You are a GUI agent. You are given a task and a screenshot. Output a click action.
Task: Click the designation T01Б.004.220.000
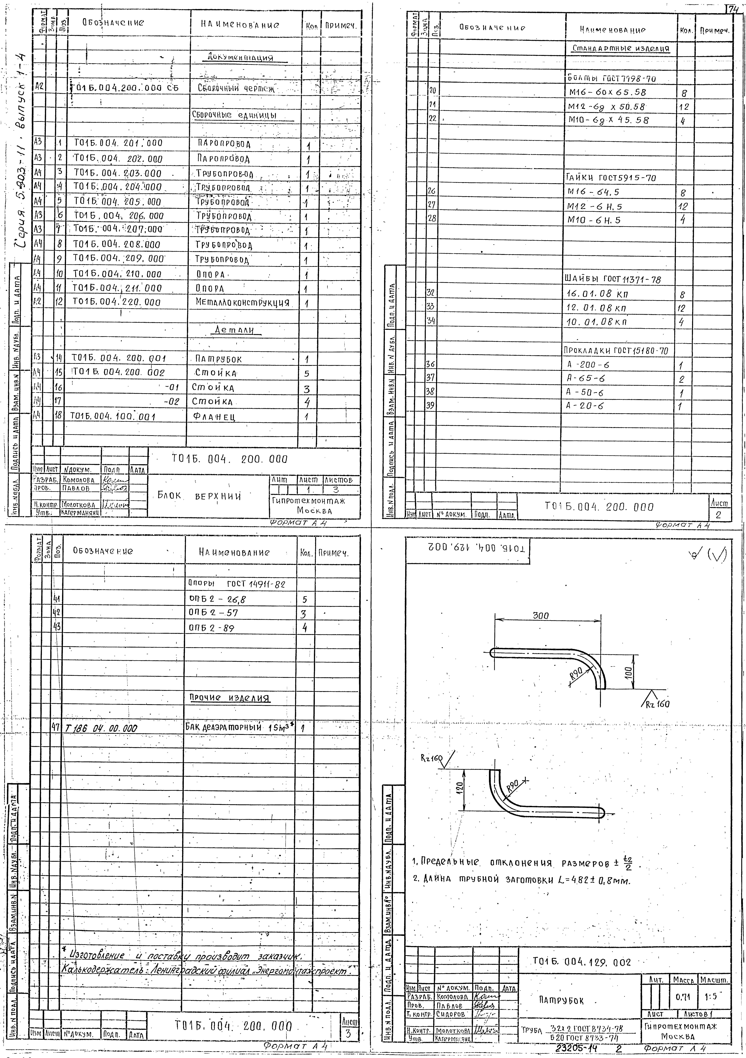[117, 303]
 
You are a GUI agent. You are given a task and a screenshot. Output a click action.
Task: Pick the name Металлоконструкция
[242, 303]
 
